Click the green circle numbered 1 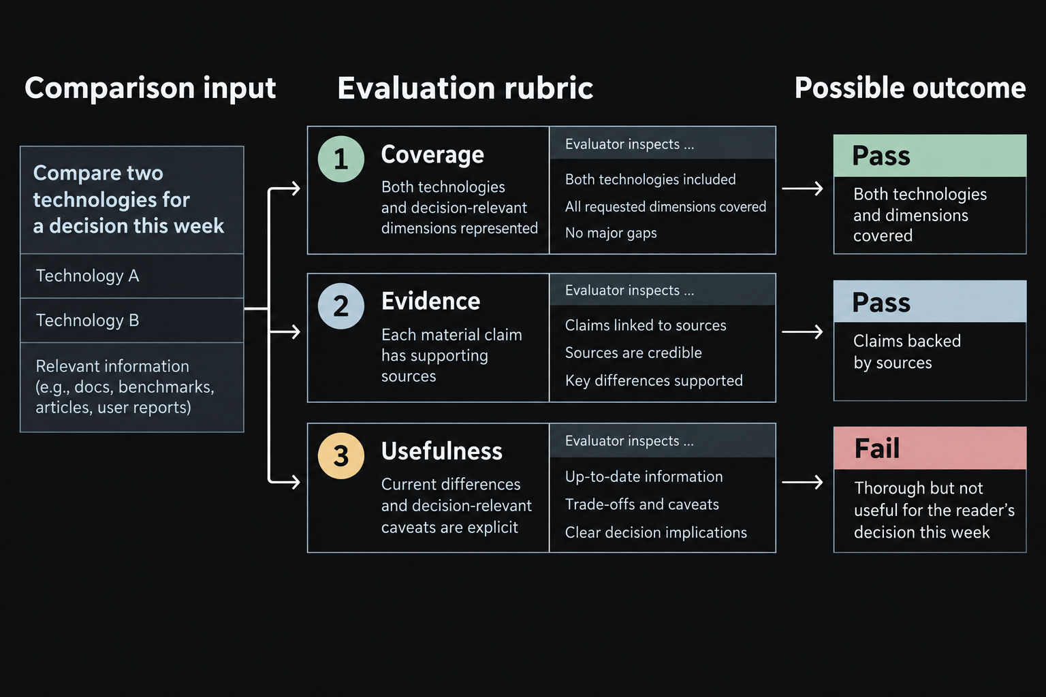tap(341, 159)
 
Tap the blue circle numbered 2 tap(341, 306)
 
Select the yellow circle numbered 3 tap(341, 455)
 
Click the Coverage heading tap(432, 155)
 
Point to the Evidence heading tap(430, 301)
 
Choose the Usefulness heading tap(442, 451)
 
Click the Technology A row tap(131, 276)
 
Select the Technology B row tap(131, 321)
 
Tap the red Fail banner tap(930, 448)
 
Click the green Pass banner tap(930, 156)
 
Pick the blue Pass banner tap(930, 302)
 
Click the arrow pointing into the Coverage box tap(284, 189)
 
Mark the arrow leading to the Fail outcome tap(802, 483)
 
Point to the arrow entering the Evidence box tap(284, 332)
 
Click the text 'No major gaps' tap(611, 233)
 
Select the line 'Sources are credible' tap(633, 353)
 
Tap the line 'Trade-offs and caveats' tap(642, 504)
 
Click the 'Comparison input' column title tap(150, 88)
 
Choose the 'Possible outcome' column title tap(910, 88)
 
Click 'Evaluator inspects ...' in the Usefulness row tap(629, 440)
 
